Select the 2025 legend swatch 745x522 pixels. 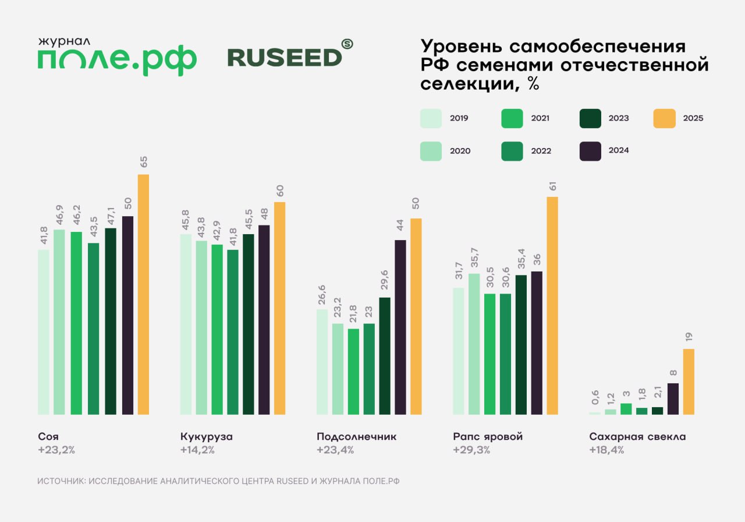(x=664, y=118)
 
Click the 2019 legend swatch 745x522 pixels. (x=431, y=118)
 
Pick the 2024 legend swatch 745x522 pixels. (x=591, y=150)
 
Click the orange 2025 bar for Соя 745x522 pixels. (x=143, y=294)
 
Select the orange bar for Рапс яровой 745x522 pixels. (x=552, y=305)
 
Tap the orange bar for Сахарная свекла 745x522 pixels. (x=689, y=382)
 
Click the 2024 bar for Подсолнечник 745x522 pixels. (x=400, y=327)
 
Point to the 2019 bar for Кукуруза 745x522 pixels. (x=186, y=324)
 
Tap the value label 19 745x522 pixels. (x=689, y=337)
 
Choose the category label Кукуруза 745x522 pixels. (x=207, y=436)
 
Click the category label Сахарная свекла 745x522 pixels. (x=637, y=436)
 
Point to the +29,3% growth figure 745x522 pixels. (x=471, y=450)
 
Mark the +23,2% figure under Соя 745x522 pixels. (x=56, y=450)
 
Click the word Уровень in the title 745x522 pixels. (x=459, y=47)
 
